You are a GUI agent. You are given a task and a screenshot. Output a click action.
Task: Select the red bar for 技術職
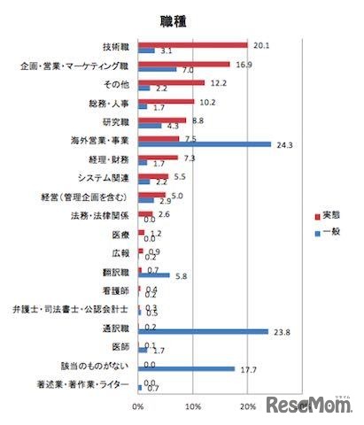(x=192, y=44)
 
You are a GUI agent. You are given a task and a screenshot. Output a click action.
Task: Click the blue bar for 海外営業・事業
(x=204, y=143)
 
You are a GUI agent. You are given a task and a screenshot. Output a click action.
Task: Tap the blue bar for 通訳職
(x=203, y=331)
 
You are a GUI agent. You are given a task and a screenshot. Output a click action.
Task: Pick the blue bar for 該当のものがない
(x=186, y=368)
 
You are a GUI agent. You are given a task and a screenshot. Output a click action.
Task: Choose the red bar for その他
(x=171, y=82)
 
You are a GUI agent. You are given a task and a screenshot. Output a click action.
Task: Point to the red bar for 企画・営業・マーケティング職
(x=183, y=64)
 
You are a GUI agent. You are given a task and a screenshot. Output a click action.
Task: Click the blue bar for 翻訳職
(x=153, y=274)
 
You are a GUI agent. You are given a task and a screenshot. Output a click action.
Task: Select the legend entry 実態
(x=325, y=217)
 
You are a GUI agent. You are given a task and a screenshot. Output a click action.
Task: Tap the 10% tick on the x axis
(x=192, y=406)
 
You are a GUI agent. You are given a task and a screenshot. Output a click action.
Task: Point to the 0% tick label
(x=137, y=406)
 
